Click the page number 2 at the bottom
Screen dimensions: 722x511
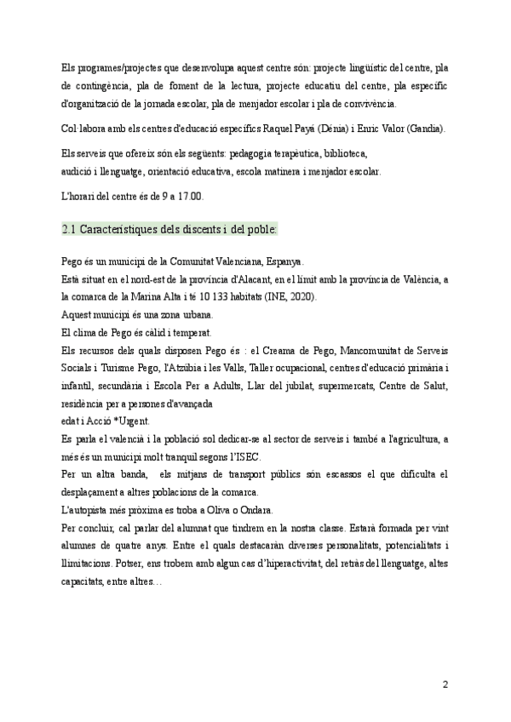445,684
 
